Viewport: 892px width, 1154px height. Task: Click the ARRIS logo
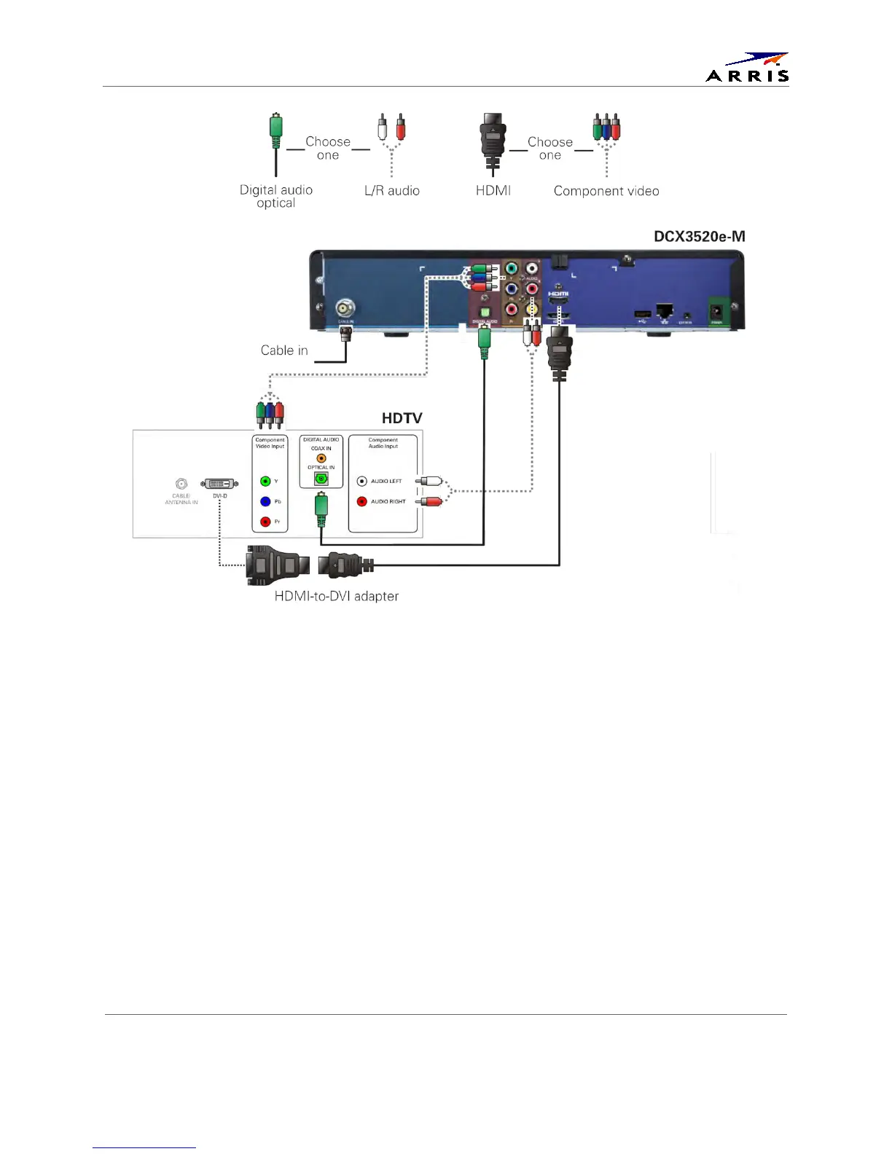747,67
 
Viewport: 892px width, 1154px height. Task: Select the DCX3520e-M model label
699,236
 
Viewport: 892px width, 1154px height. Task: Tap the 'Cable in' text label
284,350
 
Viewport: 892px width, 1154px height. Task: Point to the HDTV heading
402,418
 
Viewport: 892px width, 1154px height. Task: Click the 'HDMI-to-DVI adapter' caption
336,596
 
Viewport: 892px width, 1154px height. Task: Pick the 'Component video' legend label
606,191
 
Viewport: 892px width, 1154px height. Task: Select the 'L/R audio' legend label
391,191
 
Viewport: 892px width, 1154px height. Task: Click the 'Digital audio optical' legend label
276,196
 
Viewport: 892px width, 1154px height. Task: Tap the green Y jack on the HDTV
265,481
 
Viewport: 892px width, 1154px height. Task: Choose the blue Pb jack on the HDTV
265,501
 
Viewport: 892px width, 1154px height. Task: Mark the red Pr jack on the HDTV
265,522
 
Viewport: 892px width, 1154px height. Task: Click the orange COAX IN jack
321,458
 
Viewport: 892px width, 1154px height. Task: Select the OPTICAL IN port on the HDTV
321,479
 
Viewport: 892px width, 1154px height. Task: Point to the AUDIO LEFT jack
362,481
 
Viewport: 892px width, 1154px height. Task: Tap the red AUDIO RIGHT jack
362,501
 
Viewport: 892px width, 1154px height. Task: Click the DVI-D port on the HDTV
219,484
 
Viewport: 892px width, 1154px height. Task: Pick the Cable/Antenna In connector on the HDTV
181,484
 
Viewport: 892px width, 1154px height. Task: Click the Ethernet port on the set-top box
664,311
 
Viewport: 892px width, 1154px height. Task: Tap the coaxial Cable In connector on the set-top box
345,308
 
